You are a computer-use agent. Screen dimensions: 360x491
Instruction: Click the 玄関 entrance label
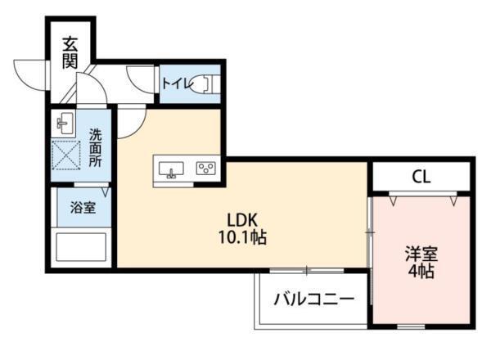(x=70, y=50)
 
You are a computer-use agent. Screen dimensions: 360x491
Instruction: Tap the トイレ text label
(x=176, y=83)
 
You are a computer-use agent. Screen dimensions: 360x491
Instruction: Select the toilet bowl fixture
(x=209, y=83)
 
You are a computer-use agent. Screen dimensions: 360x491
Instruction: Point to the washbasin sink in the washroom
(x=65, y=125)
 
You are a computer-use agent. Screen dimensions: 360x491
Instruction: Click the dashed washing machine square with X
(x=67, y=154)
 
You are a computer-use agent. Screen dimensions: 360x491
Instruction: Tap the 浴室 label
(x=82, y=207)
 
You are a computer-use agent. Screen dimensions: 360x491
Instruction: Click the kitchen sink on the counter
(x=173, y=170)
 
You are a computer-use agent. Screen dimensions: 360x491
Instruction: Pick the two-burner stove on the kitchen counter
(x=205, y=169)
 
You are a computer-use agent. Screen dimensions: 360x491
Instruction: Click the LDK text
(x=243, y=220)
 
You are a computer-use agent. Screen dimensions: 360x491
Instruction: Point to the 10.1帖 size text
(x=243, y=238)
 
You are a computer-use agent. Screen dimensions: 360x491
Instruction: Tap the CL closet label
(x=421, y=176)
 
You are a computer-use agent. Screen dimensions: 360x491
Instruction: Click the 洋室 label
(x=421, y=254)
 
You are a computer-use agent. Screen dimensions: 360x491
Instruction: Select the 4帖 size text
(x=421, y=272)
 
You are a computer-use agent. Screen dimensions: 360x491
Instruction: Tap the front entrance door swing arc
(x=33, y=75)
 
